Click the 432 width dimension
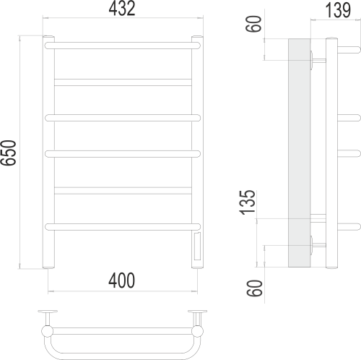123,9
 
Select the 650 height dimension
10,153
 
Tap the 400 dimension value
123,280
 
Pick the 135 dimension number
249,203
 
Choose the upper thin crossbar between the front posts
123,80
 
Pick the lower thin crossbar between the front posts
123,190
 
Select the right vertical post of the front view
196,145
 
